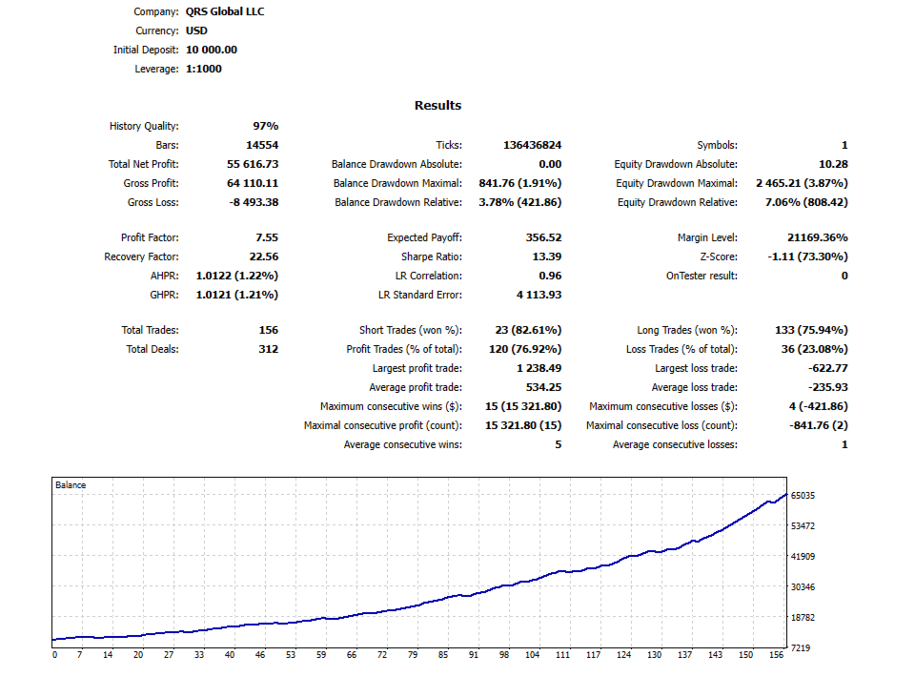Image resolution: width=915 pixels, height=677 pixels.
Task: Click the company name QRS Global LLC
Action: coord(225,11)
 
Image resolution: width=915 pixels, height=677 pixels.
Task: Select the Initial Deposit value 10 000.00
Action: coord(212,50)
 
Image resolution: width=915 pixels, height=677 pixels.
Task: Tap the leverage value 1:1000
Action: coord(204,69)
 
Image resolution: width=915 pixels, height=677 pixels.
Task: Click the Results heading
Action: coord(437,106)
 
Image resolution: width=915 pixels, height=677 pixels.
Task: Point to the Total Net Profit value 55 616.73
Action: coord(253,164)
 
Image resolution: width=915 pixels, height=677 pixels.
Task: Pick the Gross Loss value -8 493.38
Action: coord(254,202)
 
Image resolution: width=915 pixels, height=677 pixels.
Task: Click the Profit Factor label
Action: coord(150,237)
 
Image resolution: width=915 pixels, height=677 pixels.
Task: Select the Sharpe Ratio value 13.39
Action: coord(547,256)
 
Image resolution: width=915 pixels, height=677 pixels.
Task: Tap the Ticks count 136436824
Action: coord(532,145)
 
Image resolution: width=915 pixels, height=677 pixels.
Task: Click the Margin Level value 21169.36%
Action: coord(818,237)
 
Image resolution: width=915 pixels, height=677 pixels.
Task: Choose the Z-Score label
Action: coord(719,256)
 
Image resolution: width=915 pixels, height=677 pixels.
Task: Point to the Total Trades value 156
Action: coord(269,330)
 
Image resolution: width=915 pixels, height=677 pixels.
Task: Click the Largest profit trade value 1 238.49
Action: coord(539,368)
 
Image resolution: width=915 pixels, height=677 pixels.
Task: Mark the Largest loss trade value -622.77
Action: coord(828,368)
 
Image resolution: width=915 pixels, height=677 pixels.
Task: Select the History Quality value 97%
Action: coord(266,126)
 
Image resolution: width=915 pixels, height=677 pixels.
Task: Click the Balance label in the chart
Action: coord(71,485)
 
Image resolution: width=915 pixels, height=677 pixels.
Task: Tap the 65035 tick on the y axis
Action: coord(803,496)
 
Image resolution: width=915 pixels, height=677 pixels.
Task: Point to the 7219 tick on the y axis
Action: coord(801,647)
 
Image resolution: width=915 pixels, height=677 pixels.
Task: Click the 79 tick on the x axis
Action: coord(413,655)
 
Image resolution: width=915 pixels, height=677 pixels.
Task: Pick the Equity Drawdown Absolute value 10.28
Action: coord(833,165)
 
